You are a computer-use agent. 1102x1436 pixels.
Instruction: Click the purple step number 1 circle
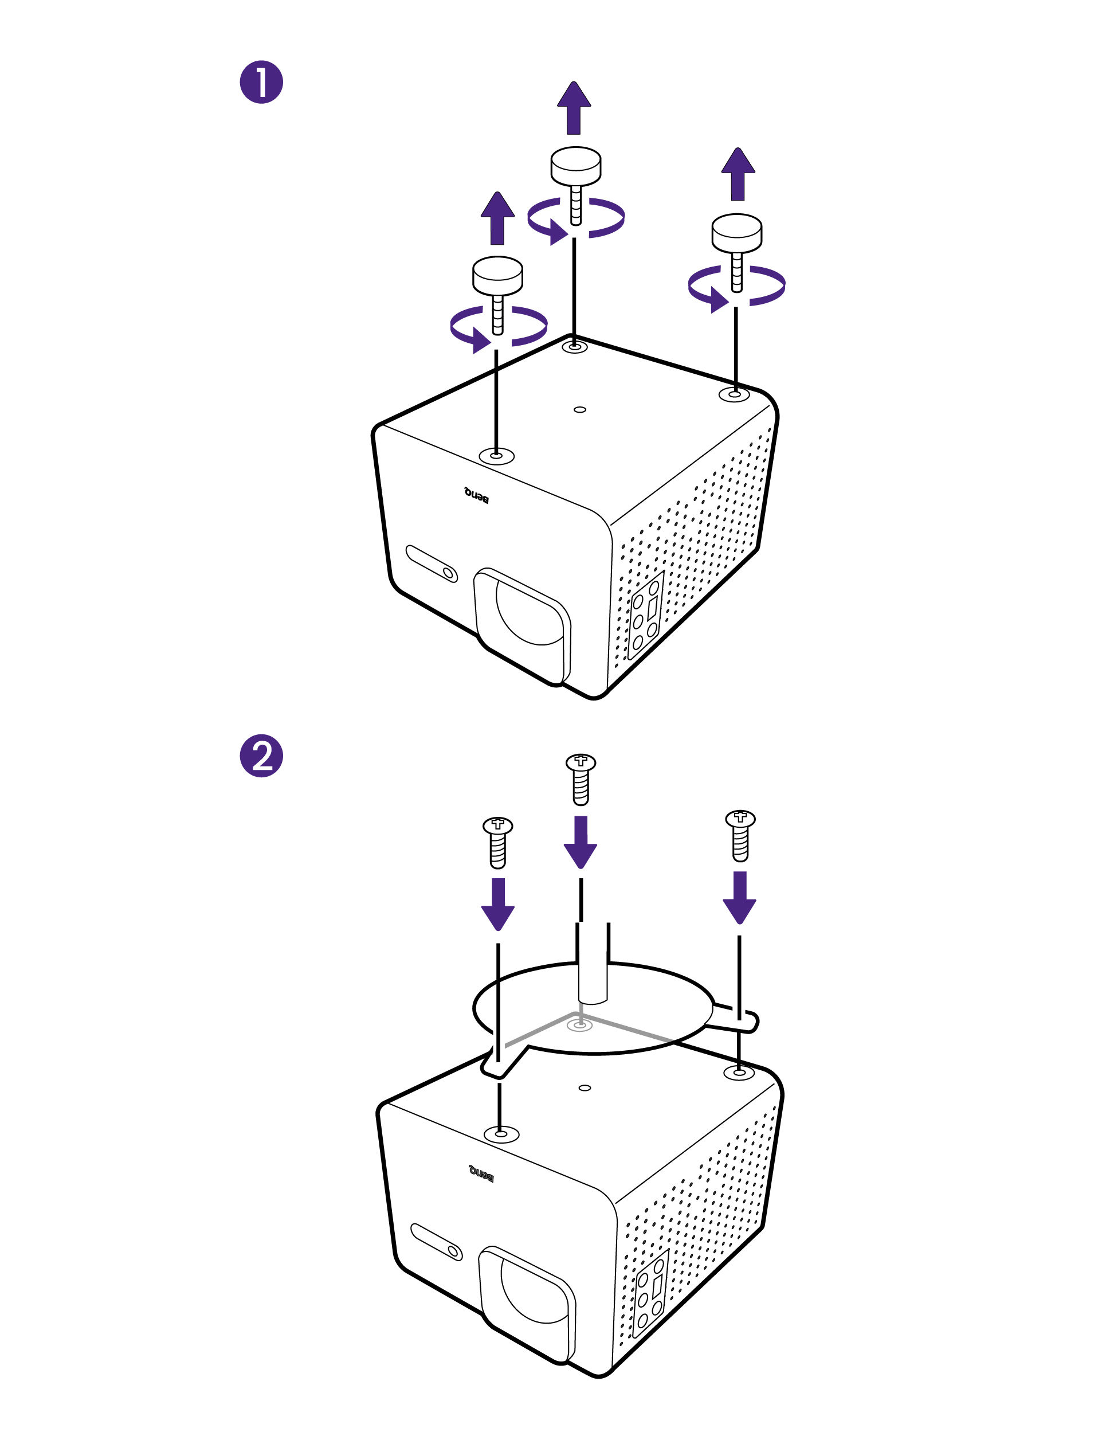pos(261,83)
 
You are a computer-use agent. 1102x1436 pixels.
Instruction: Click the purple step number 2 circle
pos(261,756)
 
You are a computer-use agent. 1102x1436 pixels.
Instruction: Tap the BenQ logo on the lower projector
pos(481,1174)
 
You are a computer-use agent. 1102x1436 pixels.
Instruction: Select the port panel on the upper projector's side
pos(645,614)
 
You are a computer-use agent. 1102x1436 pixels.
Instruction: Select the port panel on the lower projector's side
pos(650,1292)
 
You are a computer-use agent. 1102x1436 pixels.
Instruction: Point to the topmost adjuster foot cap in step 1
pos(575,165)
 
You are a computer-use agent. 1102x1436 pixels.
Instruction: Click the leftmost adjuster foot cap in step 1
pos(497,273)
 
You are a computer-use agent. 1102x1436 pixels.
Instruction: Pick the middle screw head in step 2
pos(581,762)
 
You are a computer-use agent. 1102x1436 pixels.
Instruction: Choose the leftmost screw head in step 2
pos(498,824)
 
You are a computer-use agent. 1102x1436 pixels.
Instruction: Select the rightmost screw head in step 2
pos(740,818)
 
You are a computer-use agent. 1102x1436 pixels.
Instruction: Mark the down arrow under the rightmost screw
pos(739,897)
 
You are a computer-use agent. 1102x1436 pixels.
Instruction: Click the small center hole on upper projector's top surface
pos(579,409)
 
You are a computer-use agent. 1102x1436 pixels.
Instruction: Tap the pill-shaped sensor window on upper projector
pos(432,563)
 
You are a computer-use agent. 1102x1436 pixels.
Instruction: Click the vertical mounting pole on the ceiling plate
pos(593,964)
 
